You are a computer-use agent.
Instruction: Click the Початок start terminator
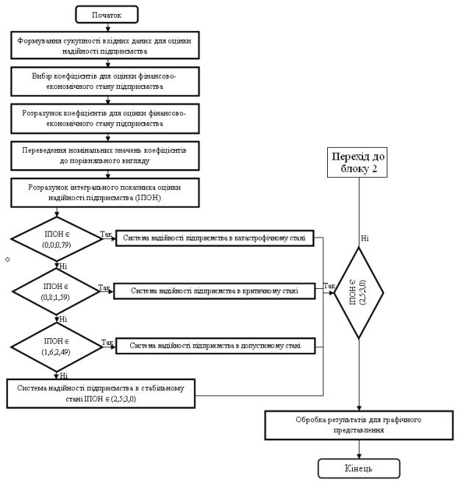107,15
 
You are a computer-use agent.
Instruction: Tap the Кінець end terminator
359,468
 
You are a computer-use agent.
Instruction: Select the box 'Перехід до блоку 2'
357,162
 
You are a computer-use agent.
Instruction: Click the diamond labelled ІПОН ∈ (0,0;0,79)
57,239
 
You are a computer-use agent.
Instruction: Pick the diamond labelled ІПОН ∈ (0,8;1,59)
56,292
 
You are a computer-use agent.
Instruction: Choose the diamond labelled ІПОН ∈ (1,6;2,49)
57,347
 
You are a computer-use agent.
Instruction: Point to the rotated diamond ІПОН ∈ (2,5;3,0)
359,293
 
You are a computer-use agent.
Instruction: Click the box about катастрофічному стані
215,238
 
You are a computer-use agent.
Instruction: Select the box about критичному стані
215,291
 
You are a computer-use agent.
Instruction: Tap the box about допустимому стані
215,346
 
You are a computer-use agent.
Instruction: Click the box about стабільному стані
101,393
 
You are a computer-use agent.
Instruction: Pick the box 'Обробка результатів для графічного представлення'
359,425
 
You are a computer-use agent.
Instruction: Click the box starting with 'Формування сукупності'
105,46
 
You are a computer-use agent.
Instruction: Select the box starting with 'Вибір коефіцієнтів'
105,82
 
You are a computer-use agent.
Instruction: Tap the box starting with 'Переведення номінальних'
105,156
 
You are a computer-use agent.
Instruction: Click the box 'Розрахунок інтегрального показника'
105,193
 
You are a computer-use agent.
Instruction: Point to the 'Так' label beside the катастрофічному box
106,234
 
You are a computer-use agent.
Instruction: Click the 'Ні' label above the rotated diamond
365,238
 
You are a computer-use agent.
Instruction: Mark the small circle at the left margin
7,260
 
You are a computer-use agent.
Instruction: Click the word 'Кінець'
359,468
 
